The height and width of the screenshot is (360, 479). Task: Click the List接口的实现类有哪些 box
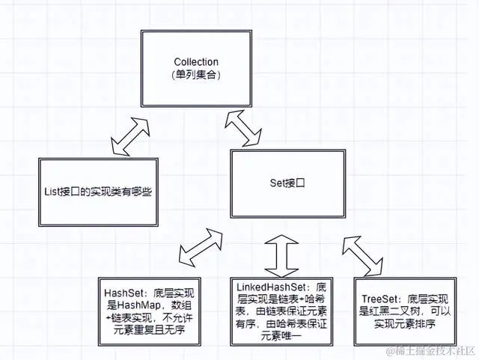94,192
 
